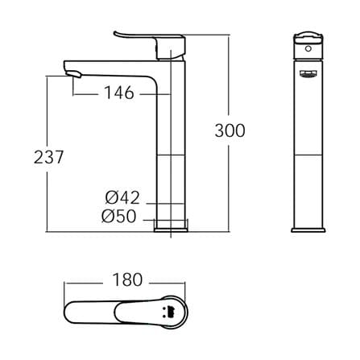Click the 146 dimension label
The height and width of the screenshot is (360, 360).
[x=119, y=93]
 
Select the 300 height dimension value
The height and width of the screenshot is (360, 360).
[x=230, y=130]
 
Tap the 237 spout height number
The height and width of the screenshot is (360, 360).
[x=48, y=157]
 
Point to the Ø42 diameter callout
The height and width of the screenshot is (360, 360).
[x=122, y=198]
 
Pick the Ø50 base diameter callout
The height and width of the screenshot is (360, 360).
[x=119, y=216]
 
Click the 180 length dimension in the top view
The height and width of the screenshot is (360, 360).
[x=127, y=279]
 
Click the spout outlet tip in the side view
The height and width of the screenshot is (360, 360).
[x=73, y=73]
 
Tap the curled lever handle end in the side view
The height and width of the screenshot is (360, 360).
[x=117, y=34]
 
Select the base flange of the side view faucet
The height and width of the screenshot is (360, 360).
[x=171, y=230]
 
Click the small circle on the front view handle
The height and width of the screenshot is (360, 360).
[x=308, y=48]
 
